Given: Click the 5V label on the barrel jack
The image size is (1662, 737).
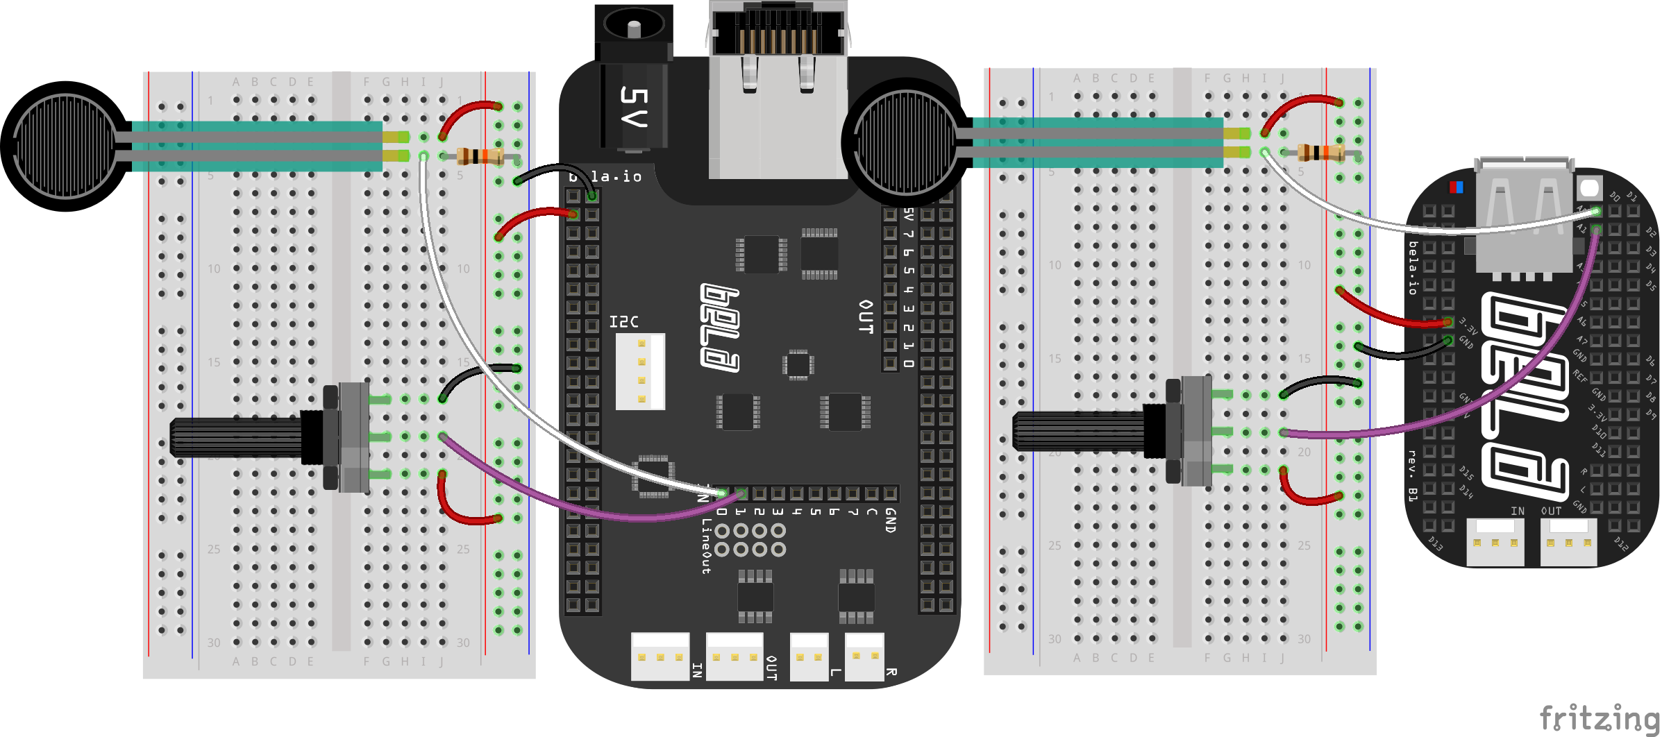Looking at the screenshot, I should coord(633,107).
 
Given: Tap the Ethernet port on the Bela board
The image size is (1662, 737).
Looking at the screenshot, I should coord(778,42).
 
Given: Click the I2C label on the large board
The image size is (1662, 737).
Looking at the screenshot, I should coord(623,322).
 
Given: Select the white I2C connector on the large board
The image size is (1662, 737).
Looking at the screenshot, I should coord(640,371).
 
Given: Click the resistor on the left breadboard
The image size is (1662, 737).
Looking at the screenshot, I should coord(480,156).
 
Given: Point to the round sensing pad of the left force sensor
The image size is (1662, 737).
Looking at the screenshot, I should coord(66,146).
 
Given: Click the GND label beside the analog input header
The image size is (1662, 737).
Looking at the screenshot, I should coord(891,520).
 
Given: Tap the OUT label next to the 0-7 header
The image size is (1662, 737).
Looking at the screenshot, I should coord(866,316).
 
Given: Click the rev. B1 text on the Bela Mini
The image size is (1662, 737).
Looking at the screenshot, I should coord(1412,475).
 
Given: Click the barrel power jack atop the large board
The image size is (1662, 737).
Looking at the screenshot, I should coord(634,31).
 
